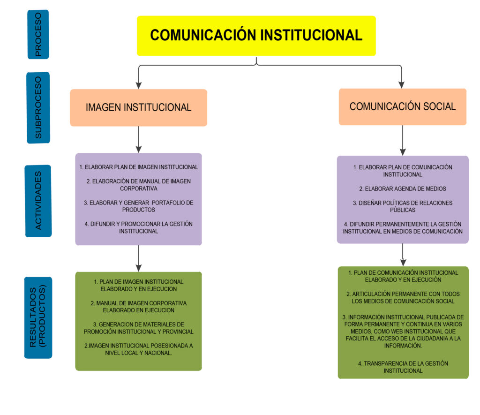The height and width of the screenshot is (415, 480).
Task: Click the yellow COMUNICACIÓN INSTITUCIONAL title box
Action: [x=256, y=36]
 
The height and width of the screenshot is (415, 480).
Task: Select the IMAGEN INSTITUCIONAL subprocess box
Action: [x=138, y=107]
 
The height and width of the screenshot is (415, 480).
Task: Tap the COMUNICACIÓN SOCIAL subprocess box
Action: [x=403, y=106]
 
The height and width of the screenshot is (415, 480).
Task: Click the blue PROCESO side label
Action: [x=38, y=34]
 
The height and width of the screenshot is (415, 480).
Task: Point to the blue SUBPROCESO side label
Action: [x=38, y=107]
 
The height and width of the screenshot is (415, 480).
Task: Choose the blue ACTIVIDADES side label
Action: [x=38, y=201]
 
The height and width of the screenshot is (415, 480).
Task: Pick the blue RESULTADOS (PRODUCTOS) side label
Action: [x=38, y=317]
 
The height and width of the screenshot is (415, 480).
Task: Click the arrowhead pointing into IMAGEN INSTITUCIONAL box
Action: [x=139, y=85]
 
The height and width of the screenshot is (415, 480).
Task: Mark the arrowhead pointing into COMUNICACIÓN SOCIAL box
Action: [x=402, y=85]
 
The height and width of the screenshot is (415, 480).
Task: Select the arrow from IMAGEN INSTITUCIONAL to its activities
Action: [x=139, y=139]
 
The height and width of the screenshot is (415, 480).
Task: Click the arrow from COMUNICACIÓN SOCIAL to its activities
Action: [x=403, y=140]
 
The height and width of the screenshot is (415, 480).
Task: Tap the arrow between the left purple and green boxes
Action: [x=139, y=258]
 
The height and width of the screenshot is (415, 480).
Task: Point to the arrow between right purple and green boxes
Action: [x=403, y=255]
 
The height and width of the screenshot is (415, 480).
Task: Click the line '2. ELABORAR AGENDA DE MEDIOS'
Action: [x=403, y=189]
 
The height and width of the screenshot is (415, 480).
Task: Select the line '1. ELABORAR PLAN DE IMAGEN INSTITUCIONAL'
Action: [x=138, y=167]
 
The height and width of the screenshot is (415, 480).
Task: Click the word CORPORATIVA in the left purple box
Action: [x=139, y=189]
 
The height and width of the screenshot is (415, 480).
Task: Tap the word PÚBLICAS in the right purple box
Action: [x=403, y=210]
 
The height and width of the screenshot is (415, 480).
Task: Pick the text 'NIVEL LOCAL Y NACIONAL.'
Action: [x=139, y=353]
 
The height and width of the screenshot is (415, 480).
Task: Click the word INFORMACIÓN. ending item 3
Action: [x=403, y=346]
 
